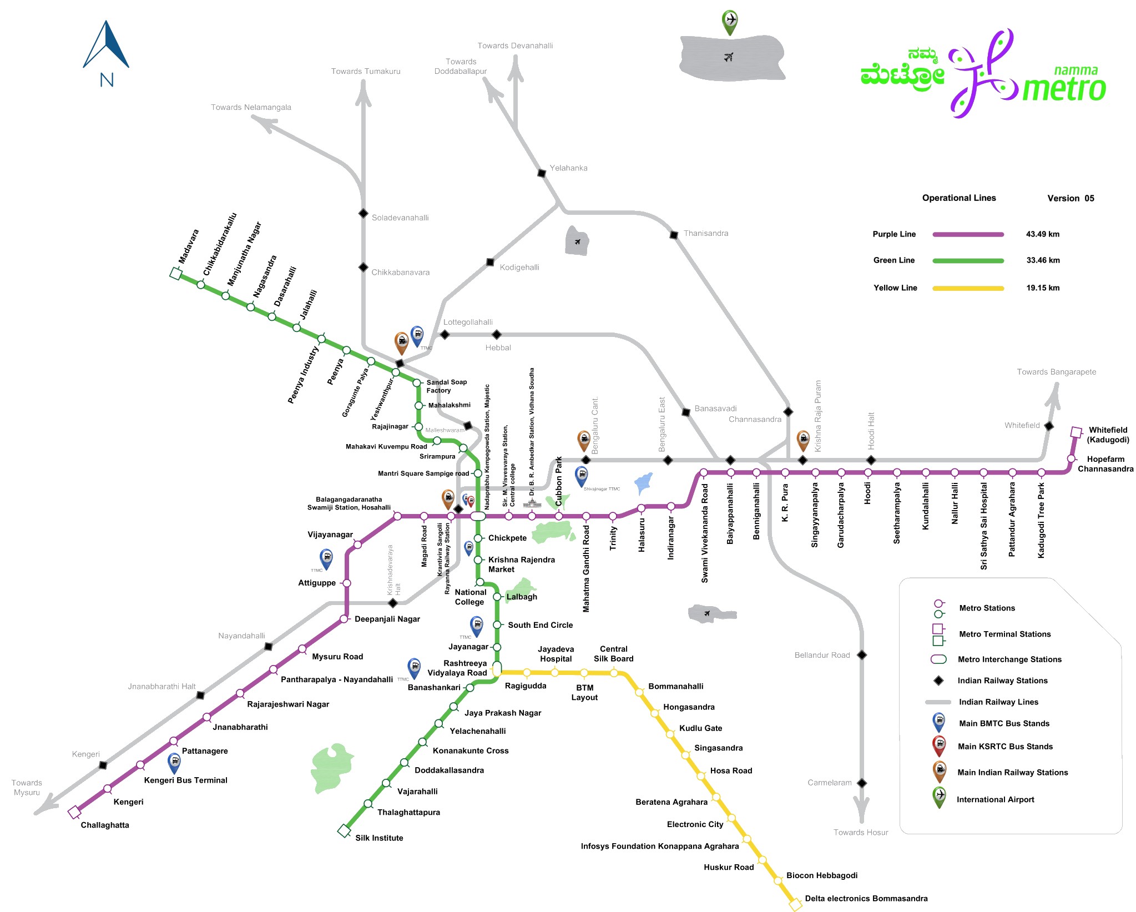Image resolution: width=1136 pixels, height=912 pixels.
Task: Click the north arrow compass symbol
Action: [x=106, y=47]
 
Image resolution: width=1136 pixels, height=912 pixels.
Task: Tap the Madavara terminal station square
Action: [x=176, y=274]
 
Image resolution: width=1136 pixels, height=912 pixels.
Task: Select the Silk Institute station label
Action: [x=379, y=838]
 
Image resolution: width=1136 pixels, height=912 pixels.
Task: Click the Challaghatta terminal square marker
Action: [x=74, y=813]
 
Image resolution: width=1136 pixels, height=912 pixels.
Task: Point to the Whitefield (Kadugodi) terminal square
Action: [x=1076, y=432]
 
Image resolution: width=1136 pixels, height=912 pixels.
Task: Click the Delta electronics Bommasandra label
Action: [x=866, y=899]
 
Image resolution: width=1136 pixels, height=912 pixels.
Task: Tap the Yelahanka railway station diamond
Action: [x=542, y=173]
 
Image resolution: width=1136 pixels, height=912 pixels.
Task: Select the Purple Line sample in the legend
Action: [x=968, y=234]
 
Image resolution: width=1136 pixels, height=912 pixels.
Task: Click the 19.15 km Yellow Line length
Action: [x=1043, y=288]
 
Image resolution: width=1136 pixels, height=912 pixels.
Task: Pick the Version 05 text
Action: [x=1071, y=199]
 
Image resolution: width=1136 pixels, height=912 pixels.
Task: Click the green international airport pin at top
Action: [x=730, y=22]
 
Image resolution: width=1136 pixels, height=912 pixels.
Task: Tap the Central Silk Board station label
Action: [x=613, y=654]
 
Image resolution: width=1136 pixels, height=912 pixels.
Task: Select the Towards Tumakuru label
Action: [x=366, y=72]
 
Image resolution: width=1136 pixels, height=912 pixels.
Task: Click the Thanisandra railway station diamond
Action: [x=674, y=235]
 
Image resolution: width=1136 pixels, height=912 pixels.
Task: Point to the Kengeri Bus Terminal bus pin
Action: [x=174, y=762]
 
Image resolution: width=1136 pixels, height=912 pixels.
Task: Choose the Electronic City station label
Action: [x=695, y=825]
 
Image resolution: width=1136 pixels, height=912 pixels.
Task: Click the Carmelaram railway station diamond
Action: [x=862, y=783]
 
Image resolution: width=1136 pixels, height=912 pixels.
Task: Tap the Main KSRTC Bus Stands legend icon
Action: [x=939, y=745]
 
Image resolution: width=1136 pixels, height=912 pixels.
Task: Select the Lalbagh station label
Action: [x=522, y=597]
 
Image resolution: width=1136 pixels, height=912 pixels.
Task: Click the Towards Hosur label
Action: [x=861, y=833]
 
